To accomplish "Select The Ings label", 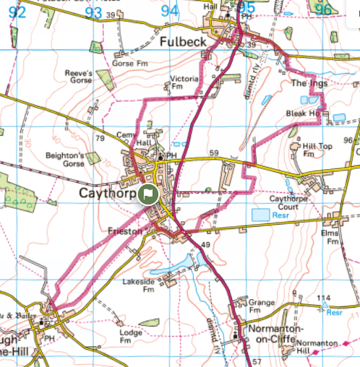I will [309, 84].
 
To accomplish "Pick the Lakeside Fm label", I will [140, 285].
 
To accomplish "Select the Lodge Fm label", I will [131, 337].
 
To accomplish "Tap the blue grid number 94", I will [169, 10].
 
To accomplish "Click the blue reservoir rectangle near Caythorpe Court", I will [260, 215].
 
